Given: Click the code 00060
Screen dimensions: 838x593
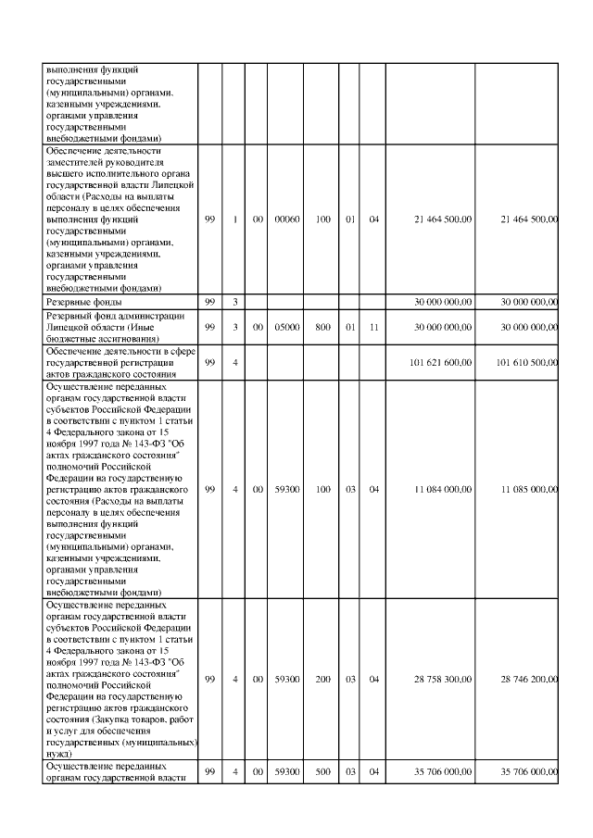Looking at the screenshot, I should click(x=290, y=219).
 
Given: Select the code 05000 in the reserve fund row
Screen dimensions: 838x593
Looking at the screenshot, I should click(x=290, y=327).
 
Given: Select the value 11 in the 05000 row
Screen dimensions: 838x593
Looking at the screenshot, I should click(x=374, y=327).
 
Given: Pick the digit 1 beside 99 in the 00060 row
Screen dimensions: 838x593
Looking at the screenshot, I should click(x=236, y=219).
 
